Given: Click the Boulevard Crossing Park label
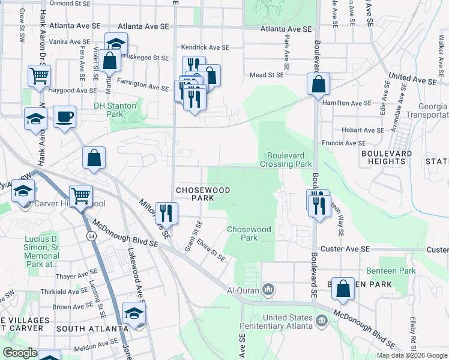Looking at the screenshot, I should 286,159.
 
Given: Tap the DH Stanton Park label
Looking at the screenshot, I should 115,110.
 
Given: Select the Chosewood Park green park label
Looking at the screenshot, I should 249,233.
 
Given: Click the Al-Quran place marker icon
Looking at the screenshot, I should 268,290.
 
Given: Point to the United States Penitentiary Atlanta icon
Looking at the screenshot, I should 322,322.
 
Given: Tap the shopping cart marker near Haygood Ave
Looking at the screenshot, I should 39,76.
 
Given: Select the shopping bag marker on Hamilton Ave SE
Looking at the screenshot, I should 319,84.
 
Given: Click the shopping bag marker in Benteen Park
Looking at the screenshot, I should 343,288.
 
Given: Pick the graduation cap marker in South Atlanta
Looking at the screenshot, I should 134,313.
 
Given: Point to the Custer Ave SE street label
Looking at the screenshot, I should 339,248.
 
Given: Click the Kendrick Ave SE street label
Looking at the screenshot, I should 205,47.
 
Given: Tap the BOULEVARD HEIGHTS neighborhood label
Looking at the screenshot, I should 387,158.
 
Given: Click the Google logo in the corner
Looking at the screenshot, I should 20,352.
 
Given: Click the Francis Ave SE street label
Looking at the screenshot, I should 343,143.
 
